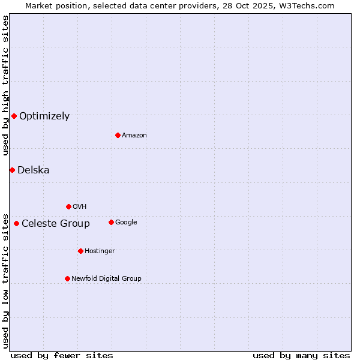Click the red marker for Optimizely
tap(14, 116)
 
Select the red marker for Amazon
tap(118, 135)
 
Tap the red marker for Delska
tap(12, 170)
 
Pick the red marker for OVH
tap(68, 206)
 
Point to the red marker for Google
tap(111, 222)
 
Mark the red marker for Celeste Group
tap(16, 223)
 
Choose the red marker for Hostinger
tap(80, 251)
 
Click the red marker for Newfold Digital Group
tap(67, 278)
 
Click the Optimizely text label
tap(44, 116)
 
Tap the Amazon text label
tap(134, 135)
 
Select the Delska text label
tap(34, 170)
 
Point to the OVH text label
tap(80, 206)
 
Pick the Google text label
tap(126, 222)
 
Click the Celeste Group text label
tap(56, 224)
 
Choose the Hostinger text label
tap(100, 251)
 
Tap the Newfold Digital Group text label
tap(107, 278)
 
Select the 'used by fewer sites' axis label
tap(62, 355)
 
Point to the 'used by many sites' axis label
tap(301, 355)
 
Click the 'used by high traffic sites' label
tap(5, 86)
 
